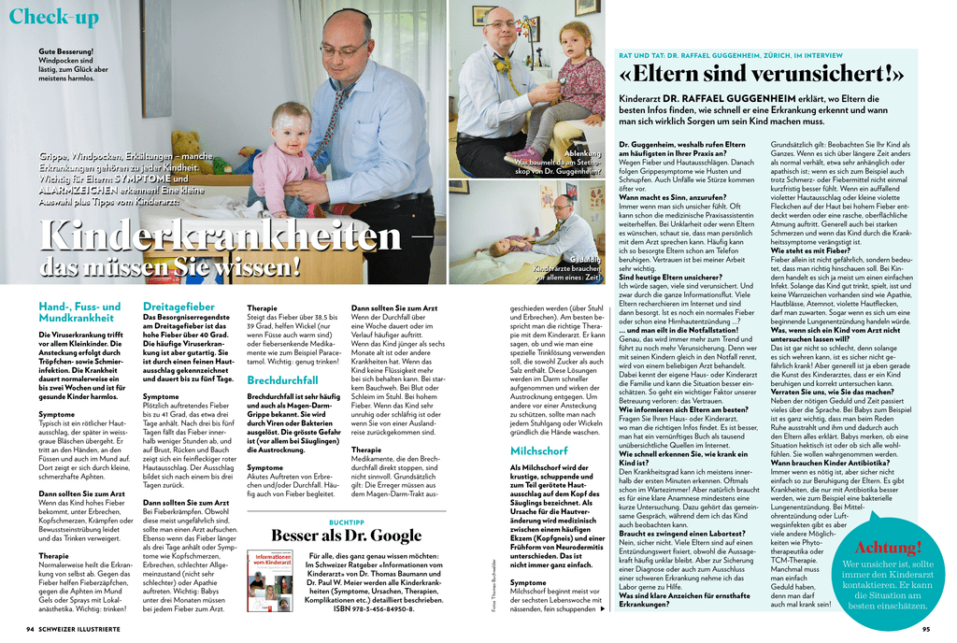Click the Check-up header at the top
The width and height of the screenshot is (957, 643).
pyautogui.click(x=53, y=17)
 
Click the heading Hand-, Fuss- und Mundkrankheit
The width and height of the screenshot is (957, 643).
pyautogui.click(x=79, y=312)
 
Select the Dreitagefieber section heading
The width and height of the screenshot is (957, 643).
pyautogui.click(x=178, y=306)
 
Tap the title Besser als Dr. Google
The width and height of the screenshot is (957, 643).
pyautogui.click(x=346, y=535)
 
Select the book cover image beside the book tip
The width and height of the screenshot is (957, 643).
pyautogui.click(x=274, y=582)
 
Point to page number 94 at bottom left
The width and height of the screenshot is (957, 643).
pyautogui.click(x=30, y=629)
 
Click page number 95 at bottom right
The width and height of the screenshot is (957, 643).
pyautogui.click(x=925, y=629)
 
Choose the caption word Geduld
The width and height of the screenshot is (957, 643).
pyautogui.click(x=586, y=259)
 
